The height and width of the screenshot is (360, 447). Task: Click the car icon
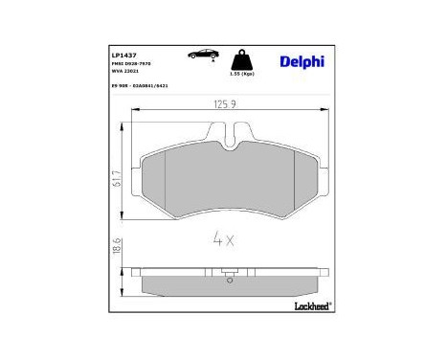point(205,56)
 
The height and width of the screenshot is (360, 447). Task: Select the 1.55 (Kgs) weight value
point(243,74)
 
